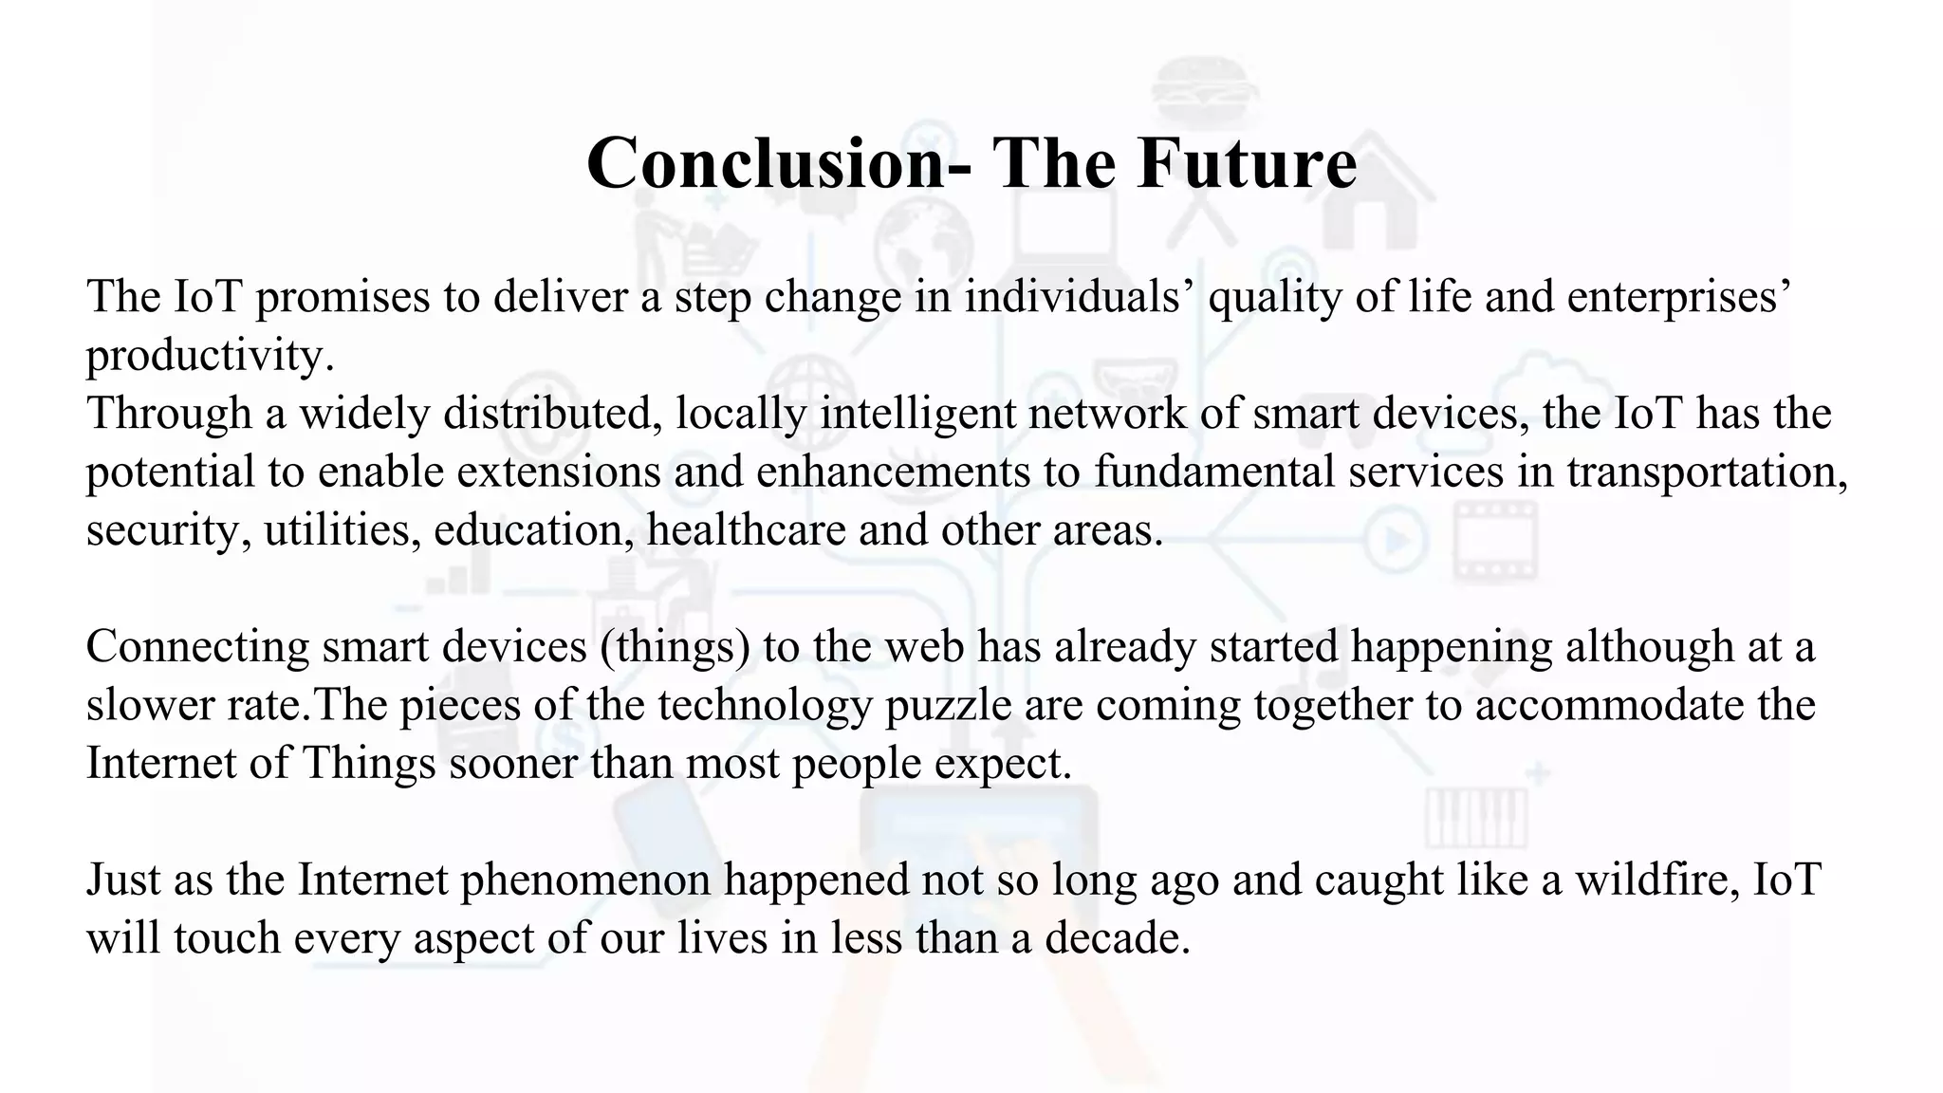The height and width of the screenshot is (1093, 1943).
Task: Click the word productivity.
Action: click(211, 356)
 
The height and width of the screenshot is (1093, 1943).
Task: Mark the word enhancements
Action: click(893, 472)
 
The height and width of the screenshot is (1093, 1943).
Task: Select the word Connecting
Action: click(197, 646)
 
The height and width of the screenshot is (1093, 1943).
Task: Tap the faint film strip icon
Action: click(1495, 541)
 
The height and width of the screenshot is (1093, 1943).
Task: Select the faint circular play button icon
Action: click(1396, 541)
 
